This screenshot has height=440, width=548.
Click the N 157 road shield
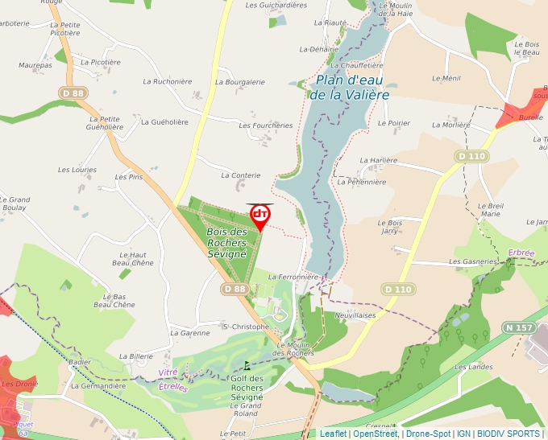point(519,327)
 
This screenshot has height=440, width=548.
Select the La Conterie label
point(241,175)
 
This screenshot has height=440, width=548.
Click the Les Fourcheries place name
point(267,125)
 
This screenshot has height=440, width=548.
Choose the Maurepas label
point(35,65)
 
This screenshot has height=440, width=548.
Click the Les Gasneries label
point(473,261)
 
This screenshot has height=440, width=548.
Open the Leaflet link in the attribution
point(333,434)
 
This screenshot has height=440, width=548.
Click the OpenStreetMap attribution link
point(376,434)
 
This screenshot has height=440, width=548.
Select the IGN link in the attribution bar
point(463,434)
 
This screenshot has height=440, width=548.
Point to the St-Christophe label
point(245,327)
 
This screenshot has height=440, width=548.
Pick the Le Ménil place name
point(446,78)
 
